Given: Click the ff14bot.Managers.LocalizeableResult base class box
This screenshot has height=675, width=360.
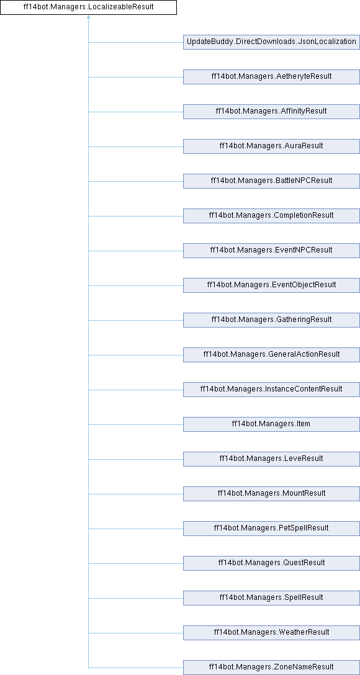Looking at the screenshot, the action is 88,7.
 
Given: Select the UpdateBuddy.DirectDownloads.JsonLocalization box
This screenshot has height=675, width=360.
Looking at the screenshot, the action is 271,42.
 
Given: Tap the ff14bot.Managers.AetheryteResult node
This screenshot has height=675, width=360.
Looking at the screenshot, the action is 271,77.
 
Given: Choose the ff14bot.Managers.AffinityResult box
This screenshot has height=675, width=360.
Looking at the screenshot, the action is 271,112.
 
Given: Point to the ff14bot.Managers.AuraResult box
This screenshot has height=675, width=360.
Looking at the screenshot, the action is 271,146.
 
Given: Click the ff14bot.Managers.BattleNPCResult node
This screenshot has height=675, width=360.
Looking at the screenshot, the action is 271,181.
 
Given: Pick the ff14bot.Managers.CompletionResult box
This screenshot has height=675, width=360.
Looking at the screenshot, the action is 271,216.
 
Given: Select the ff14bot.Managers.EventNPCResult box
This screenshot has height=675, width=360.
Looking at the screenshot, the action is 271,251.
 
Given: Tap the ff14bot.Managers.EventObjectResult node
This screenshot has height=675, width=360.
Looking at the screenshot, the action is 271,285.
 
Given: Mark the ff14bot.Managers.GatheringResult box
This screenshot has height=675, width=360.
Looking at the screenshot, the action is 271,320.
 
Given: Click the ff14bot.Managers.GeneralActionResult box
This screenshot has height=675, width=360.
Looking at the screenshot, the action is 271,355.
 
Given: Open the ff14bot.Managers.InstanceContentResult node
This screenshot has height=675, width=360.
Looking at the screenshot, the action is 271,390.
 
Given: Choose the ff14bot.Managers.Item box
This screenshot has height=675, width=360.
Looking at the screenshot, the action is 271,424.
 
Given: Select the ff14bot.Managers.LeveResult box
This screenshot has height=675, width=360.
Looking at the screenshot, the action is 271,459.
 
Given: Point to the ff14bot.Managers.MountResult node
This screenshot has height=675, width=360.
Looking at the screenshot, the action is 271,494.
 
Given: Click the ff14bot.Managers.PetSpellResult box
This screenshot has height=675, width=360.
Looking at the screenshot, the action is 271,528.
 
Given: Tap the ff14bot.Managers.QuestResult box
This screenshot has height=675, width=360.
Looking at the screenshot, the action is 271,563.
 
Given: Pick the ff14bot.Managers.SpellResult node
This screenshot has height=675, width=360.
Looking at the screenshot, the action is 271,598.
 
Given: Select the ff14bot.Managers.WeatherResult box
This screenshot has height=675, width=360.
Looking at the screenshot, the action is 271,632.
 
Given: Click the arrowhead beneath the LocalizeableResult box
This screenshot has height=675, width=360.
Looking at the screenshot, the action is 88,17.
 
